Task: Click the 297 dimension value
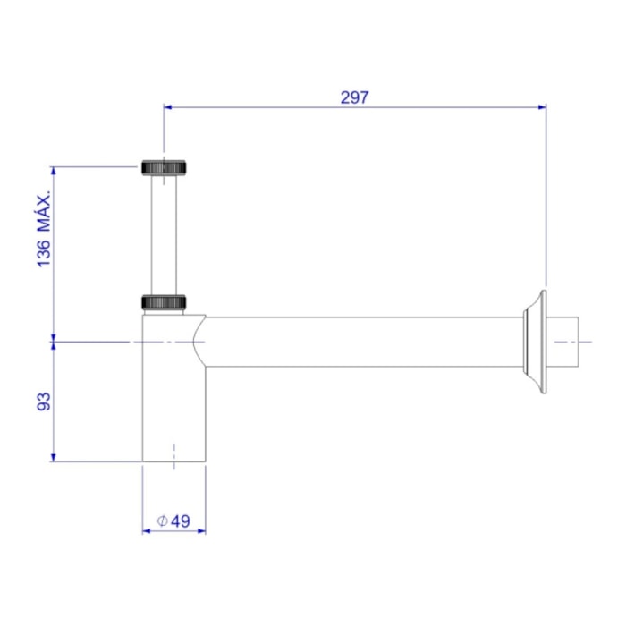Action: point(354,97)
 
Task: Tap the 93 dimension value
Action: point(44,402)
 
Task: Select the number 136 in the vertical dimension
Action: point(44,253)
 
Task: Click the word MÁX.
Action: point(44,212)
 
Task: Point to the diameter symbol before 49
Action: point(162,521)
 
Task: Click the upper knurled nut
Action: point(164,167)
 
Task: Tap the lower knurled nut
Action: point(164,302)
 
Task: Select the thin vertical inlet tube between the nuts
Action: point(164,234)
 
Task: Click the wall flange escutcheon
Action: point(536,342)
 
